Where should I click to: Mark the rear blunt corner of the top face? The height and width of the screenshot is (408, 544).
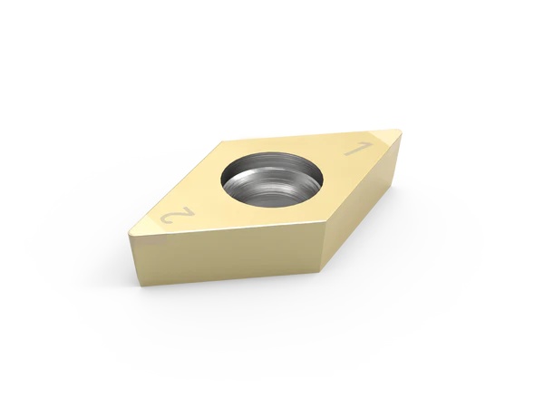pos(222,141)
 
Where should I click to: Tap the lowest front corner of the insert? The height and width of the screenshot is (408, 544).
pos(319,271)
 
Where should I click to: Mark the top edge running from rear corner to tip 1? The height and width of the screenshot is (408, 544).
pos(308,136)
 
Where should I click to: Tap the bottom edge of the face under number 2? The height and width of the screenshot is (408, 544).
pos(227,276)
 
